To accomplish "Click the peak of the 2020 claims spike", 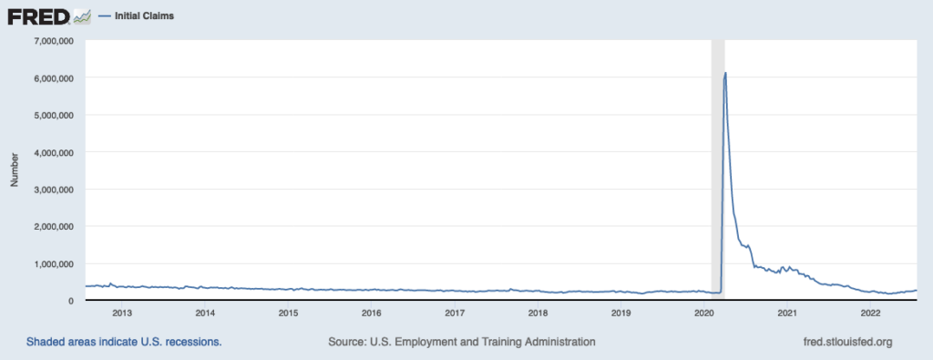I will click(x=724, y=73).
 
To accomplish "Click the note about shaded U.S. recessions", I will click(x=124, y=342).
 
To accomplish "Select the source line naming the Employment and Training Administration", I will click(x=461, y=342).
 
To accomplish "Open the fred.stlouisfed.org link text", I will click(x=843, y=342).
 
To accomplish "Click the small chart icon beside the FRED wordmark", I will click(x=81, y=16).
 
